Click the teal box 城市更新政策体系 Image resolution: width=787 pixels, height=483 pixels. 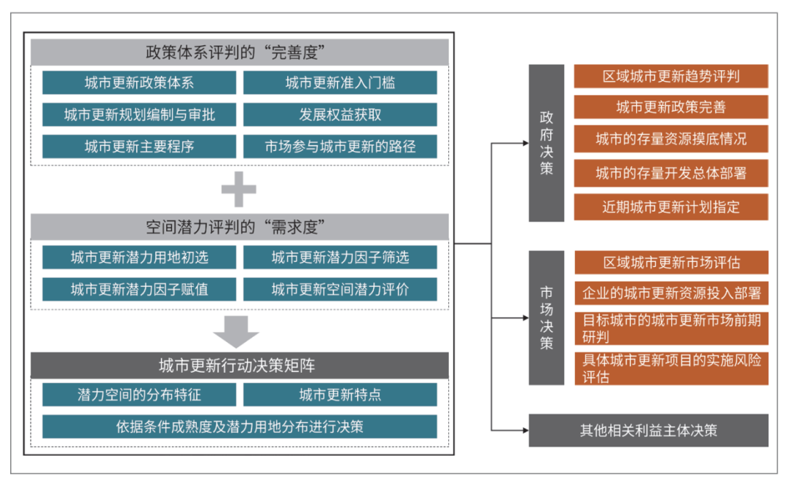click(x=139, y=82)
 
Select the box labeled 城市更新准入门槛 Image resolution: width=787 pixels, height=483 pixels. click(x=340, y=82)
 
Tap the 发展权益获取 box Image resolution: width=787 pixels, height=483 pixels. click(x=340, y=115)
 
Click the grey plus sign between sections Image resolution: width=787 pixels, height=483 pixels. click(x=239, y=190)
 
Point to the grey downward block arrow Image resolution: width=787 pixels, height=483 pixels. click(x=236, y=332)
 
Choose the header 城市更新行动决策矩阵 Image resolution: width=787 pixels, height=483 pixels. click(x=240, y=366)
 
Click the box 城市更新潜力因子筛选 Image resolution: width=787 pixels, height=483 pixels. click(x=340, y=258)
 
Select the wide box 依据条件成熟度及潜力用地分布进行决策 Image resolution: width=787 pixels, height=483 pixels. click(x=240, y=427)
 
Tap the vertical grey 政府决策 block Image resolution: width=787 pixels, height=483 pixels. click(x=546, y=143)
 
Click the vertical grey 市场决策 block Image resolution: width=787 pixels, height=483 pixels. click(x=546, y=317)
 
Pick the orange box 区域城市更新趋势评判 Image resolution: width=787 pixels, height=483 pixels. click(x=671, y=77)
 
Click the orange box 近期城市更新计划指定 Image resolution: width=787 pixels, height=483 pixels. click(x=671, y=207)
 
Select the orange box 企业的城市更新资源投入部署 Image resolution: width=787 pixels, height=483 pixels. click(x=672, y=293)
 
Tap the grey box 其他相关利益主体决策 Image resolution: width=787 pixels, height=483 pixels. click(x=649, y=430)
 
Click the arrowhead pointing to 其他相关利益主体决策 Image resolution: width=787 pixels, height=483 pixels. click(x=525, y=430)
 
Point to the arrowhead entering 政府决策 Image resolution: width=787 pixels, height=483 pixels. click(x=525, y=143)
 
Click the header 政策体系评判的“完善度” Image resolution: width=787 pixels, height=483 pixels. click(x=240, y=53)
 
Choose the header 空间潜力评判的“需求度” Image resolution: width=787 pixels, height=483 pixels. click(x=240, y=227)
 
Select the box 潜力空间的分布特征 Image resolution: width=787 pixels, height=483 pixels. click(x=139, y=395)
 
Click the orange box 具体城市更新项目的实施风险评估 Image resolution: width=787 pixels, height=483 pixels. click(x=672, y=368)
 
